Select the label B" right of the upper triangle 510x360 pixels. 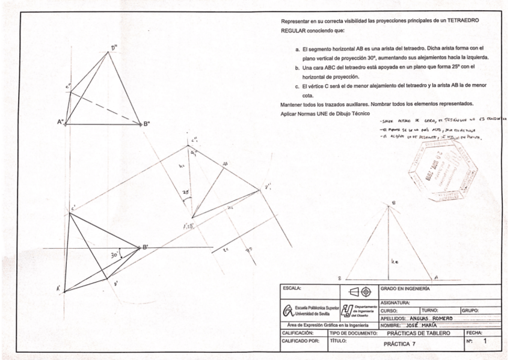146,124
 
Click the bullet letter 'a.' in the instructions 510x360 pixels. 296,47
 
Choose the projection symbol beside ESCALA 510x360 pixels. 359,291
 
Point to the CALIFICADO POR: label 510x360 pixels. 299,341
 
